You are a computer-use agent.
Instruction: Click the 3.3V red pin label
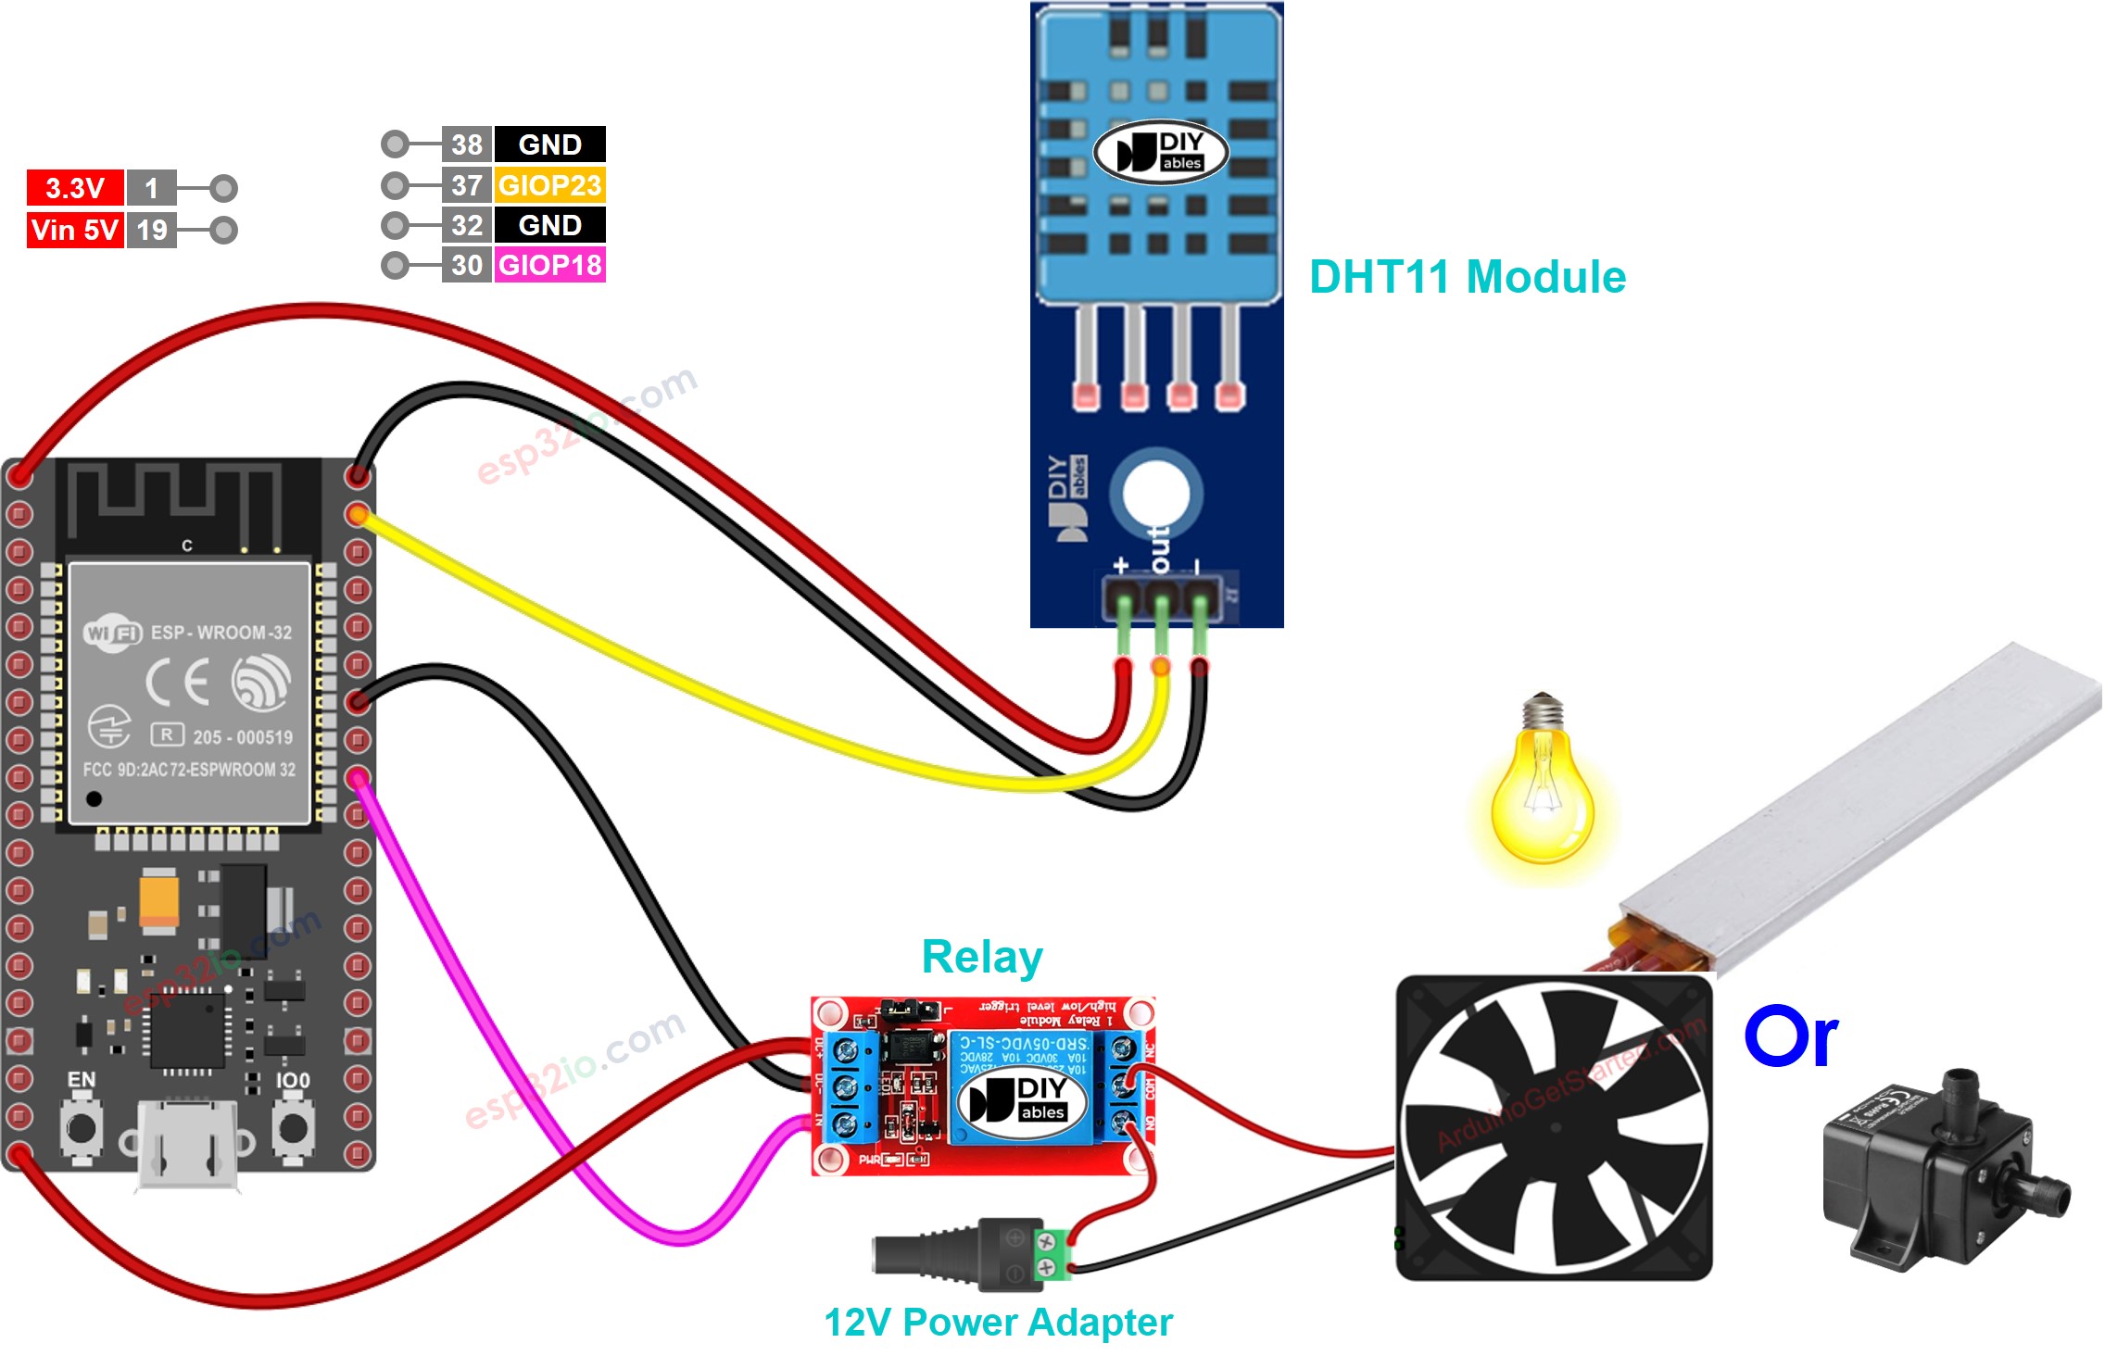coord(74,188)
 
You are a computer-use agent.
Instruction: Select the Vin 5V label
coord(74,230)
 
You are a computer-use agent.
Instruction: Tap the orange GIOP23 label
coord(549,185)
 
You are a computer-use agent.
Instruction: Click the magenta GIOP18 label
coord(549,265)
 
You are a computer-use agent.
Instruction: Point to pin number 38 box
coord(466,144)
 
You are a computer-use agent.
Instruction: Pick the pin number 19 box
coord(151,230)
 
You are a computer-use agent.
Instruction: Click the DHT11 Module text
coord(1467,277)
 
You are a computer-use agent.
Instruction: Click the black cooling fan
coord(1554,1127)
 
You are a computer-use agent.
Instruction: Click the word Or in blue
coord(1790,1036)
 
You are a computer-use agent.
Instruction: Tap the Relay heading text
coord(982,957)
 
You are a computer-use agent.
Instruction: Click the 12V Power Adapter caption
coord(998,1323)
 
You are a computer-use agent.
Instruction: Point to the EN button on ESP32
coord(82,1127)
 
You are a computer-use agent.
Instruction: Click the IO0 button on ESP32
coord(293,1127)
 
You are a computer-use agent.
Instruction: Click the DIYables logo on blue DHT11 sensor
coord(1160,153)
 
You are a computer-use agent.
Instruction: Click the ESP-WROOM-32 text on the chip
coord(221,633)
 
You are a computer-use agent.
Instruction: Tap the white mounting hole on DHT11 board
coord(1155,492)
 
